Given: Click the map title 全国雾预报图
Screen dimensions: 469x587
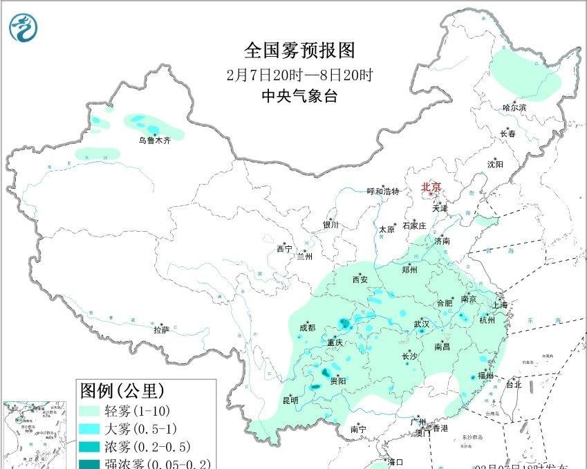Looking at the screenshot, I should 299,51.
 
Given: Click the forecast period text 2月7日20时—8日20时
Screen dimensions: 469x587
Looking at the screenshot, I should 299,75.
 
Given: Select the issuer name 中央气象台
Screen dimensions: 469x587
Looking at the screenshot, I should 299,97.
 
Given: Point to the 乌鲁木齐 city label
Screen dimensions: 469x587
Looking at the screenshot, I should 153,140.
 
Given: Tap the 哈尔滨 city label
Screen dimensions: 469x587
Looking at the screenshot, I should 514,107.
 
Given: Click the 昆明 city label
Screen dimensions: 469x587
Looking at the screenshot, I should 290,400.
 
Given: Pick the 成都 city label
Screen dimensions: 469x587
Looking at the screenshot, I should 307,327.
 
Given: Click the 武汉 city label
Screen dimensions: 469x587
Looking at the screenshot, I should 422,324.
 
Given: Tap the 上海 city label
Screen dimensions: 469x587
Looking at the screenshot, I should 499,305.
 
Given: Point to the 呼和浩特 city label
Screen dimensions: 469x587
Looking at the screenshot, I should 383,192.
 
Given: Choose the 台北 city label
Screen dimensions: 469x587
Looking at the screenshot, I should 514,385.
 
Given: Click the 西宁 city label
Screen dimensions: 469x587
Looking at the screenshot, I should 284,248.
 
